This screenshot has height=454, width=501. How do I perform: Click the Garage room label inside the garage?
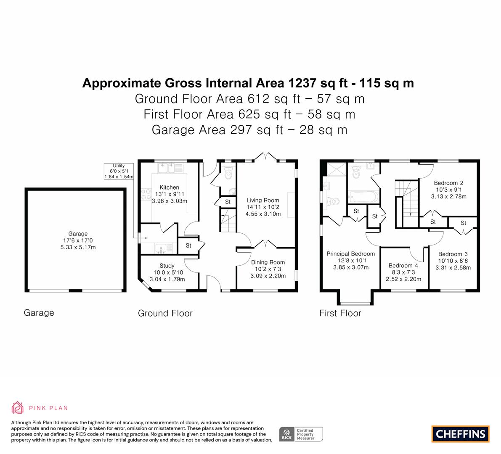[78, 234]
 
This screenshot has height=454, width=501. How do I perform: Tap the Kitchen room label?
[170, 187]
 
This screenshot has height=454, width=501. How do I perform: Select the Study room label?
[167, 266]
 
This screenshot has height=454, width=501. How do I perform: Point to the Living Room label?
[263, 200]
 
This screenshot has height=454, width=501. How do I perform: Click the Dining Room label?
[268, 262]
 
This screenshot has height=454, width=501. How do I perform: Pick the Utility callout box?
[119, 171]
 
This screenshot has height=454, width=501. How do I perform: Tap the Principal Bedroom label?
[351, 254]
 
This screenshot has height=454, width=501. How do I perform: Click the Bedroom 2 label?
[448, 183]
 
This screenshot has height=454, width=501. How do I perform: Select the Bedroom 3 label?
[453, 254]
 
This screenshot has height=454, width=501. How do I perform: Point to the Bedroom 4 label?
[403, 265]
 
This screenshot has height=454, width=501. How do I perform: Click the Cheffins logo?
[461, 434]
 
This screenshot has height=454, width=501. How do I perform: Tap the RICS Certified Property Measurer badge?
[301, 434]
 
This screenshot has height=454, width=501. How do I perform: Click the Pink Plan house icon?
[17, 407]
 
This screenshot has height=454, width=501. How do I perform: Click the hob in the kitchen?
[146, 195]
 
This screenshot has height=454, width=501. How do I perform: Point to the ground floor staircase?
[228, 220]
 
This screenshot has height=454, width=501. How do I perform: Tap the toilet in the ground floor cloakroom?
[228, 173]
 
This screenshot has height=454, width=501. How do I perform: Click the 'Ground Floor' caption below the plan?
[165, 313]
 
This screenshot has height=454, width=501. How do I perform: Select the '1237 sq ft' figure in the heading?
[318, 83]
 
